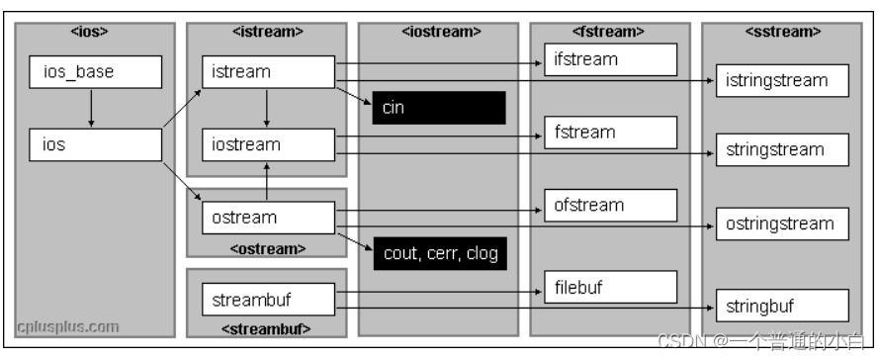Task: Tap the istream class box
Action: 268,71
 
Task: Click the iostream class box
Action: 268,144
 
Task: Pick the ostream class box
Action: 268,217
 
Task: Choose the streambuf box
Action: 268,297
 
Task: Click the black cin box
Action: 438,108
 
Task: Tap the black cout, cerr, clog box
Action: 438,253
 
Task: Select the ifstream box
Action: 610,59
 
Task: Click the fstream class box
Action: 610,133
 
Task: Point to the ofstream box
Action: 610,206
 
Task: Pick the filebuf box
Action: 610,287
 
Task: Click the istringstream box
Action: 782,81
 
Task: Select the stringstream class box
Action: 782,150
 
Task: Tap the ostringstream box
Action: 782,224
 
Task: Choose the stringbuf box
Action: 782,305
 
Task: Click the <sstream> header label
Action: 782,32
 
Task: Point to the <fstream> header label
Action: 610,32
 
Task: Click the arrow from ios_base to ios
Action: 91,108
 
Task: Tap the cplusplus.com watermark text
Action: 68,325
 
